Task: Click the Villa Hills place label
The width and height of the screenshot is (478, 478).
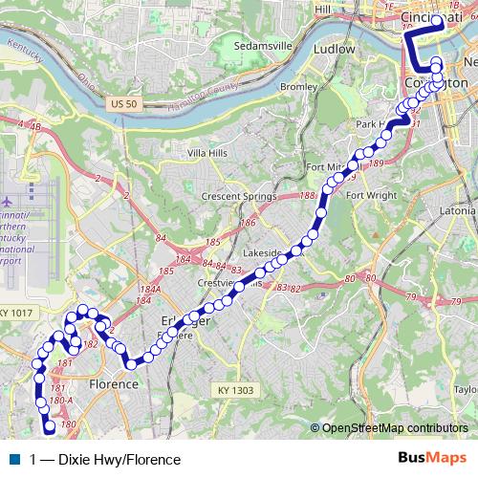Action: pos(210,153)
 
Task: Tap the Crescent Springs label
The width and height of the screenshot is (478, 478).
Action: pos(238,196)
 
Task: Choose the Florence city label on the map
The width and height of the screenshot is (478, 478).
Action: pos(114,383)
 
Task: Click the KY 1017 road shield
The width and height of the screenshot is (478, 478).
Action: pos(16,313)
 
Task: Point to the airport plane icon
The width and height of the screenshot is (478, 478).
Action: pos(9,203)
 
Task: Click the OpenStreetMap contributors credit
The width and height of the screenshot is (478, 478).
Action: pos(395,427)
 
